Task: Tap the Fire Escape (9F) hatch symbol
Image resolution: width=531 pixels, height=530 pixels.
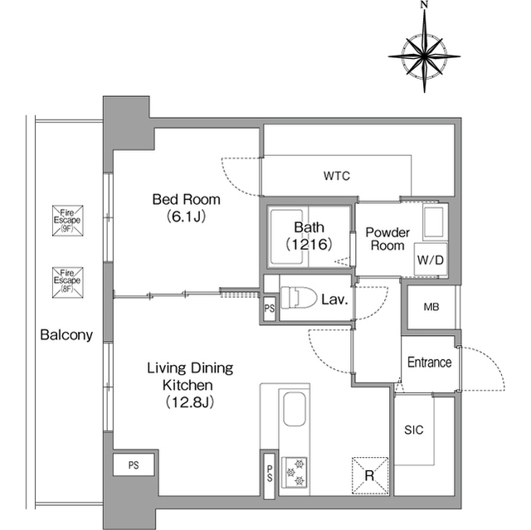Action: point(68,221)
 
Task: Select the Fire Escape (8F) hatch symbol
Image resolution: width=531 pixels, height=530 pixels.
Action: point(68,282)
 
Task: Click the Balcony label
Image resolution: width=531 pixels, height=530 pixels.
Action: point(66,335)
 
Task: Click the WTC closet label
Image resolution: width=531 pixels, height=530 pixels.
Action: point(337,176)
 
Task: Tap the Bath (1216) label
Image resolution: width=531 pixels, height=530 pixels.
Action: point(309,236)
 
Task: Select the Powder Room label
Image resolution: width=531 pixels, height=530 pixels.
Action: point(387,239)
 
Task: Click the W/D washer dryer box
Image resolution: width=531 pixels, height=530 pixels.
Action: point(431,260)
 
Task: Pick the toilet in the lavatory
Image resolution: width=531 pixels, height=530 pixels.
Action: point(299,298)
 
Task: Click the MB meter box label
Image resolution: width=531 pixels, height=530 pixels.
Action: point(431,307)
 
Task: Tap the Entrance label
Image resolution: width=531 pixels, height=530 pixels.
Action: point(429,362)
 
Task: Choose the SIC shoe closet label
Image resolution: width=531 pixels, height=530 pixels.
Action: point(414,430)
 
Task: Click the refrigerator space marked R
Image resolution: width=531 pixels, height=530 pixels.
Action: point(370,475)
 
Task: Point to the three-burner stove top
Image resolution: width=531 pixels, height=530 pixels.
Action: point(295,473)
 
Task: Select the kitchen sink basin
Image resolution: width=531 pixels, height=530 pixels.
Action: point(295,409)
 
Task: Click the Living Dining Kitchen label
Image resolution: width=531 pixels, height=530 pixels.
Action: point(190,385)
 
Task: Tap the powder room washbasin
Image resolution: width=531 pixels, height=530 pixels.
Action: point(433,222)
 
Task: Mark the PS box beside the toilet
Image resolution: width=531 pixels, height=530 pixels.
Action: point(270,309)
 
